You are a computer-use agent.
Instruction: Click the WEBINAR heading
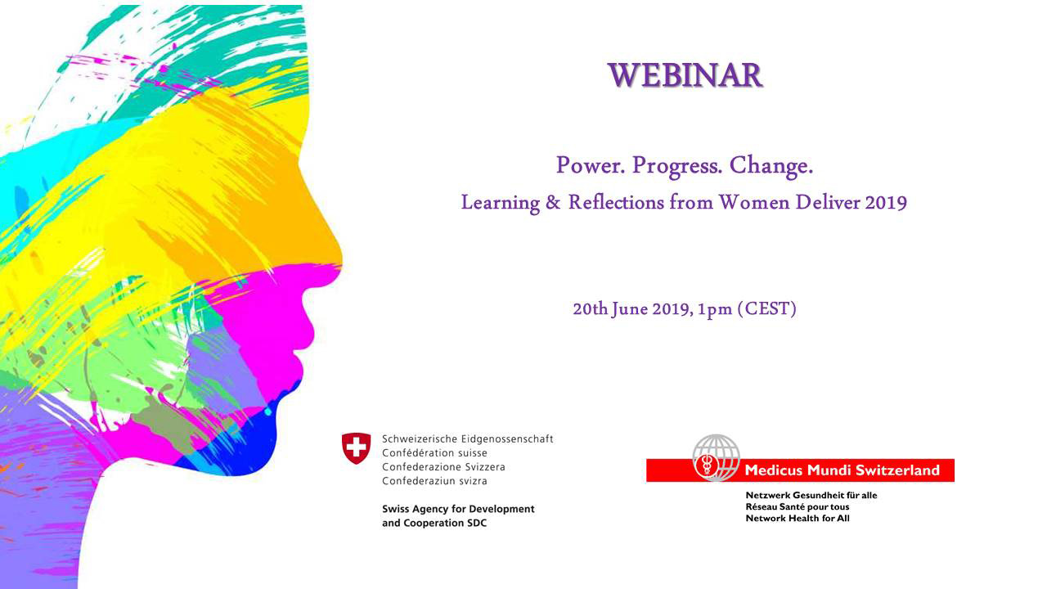tap(685, 75)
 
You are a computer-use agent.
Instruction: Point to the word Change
tap(771, 166)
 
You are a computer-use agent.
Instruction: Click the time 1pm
tap(715, 310)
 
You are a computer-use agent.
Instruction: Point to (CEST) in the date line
tap(766, 309)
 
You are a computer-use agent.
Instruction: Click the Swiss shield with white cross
tap(356, 448)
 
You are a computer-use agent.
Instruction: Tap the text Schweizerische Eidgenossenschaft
tap(467, 439)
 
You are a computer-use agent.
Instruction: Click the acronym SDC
tap(474, 523)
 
